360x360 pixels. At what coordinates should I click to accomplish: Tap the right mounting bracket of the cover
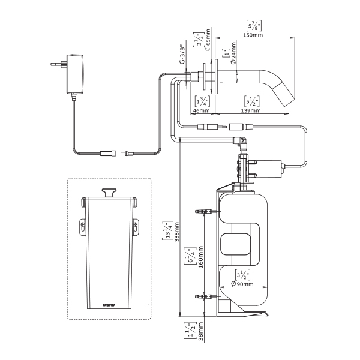pyautogui.click(x=136, y=226)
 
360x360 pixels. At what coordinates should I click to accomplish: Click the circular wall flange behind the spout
pyautogui.click(x=208, y=77)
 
